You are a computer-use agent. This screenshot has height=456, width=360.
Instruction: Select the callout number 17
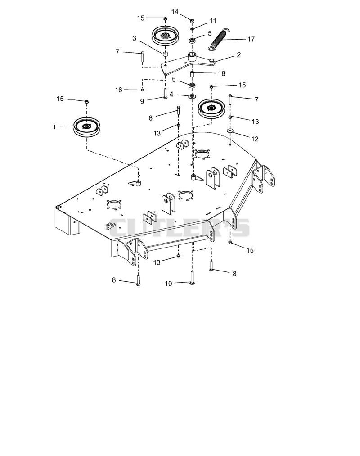pyautogui.click(x=251, y=39)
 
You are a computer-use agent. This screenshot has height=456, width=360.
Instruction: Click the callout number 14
pyautogui.click(x=175, y=12)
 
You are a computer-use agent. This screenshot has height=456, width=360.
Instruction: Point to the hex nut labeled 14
pyautogui.click(x=192, y=21)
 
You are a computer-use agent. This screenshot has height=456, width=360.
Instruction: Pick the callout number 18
pyautogui.click(x=221, y=73)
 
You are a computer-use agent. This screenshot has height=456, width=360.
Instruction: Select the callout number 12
pyautogui.click(x=255, y=139)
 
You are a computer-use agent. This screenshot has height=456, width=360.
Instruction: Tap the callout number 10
pyautogui.click(x=169, y=284)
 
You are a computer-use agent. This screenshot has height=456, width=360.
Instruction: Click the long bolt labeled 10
pyautogui.click(x=192, y=277)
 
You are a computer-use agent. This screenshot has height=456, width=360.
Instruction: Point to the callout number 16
pyautogui.click(x=119, y=90)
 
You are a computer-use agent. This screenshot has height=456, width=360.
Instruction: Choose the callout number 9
pyautogui.click(x=142, y=101)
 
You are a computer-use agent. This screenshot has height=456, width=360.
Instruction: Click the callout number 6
pyautogui.click(x=150, y=118)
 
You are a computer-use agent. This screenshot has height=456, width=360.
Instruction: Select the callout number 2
pyautogui.click(x=239, y=54)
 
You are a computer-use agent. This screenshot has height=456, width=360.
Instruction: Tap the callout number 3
pyautogui.click(x=135, y=38)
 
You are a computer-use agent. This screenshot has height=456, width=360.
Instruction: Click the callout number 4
pyautogui.click(x=171, y=95)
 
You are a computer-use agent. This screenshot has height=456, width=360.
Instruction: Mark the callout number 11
pyautogui.click(x=213, y=21)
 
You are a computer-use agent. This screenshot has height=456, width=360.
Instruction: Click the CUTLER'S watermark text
pyautogui.click(x=179, y=228)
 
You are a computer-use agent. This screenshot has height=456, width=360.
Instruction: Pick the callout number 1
pyautogui.click(x=54, y=127)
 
